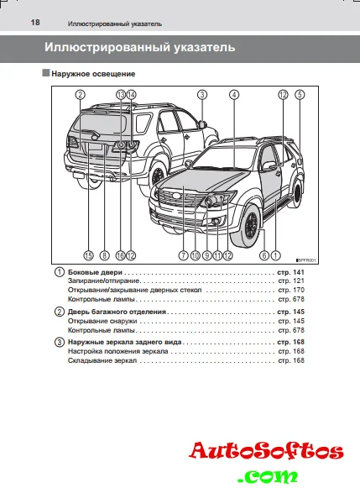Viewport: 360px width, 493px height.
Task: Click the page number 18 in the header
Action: (x=35, y=23)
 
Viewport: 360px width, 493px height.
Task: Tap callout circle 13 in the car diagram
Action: (x=121, y=95)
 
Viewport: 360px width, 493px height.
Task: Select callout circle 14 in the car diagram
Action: (x=131, y=95)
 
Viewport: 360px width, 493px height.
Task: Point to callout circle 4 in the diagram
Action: (x=234, y=95)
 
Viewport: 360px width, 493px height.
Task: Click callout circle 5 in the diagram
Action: (x=300, y=95)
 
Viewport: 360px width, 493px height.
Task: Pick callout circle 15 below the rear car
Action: (x=89, y=255)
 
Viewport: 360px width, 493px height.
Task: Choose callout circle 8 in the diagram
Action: (x=105, y=255)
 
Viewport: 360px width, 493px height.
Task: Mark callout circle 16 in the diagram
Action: (x=120, y=255)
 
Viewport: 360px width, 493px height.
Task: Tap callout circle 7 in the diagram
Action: (x=183, y=255)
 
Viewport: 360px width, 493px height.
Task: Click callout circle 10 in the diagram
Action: (x=196, y=255)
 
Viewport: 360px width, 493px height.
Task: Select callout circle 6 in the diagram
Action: (x=264, y=255)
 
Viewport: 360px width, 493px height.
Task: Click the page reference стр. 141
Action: (x=291, y=272)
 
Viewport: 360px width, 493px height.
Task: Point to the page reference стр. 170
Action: (x=291, y=290)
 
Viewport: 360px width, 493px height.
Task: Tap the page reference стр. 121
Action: (x=291, y=281)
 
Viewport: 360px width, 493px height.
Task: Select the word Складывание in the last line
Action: (x=86, y=360)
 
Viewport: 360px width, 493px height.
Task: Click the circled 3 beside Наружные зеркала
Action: (x=60, y=342)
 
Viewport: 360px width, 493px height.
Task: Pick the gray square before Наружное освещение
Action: (x=46, y=73)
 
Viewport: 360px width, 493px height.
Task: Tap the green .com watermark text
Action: (x=268, y=477)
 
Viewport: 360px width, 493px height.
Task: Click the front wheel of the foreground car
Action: (x=247, y=225)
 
